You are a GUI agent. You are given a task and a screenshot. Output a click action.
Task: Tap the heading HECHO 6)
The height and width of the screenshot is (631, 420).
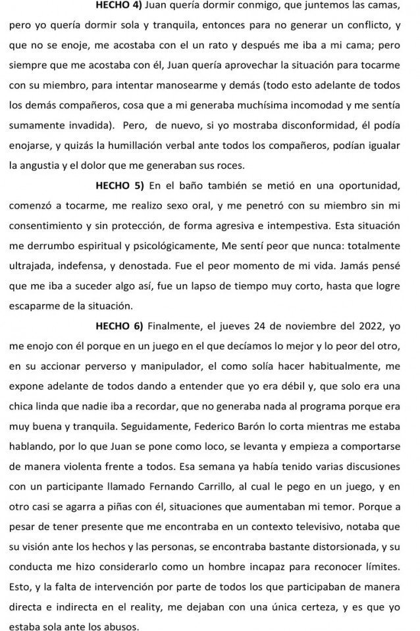click(118, 326)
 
